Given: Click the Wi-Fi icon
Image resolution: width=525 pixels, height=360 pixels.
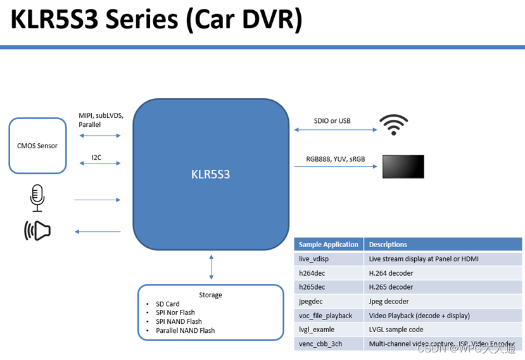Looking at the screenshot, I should pyautogui.click(x=393, y=124).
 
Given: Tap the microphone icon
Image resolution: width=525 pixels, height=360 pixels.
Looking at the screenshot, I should pyautogui.click(x=37, y=198).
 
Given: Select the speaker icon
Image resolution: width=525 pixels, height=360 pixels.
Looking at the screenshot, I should pyautogui.click(x=37, y=231).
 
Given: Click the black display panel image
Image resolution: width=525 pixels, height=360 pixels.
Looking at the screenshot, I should pyautogui.click(x=403, y=167).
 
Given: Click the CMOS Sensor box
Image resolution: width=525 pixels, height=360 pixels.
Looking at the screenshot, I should pyautogui.click(x=37, y=146).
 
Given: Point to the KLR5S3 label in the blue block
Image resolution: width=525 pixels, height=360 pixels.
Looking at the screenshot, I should pyautogui.click(x=210, y=174).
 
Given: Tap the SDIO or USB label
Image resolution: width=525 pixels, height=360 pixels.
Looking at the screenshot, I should pyautogui.click(x=332, y=121).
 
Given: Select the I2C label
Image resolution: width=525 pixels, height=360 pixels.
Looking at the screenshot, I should pyautogui.click(x=96, y=157).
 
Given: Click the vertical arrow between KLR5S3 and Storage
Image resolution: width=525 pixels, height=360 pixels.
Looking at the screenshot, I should pyautogui.click(x=212, y=267).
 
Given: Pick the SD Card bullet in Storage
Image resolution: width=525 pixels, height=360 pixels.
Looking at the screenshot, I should pyautogui.click(x=168, y=304).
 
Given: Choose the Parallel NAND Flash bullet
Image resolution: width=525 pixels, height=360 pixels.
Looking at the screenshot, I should pyautogui.click(x=185, y=330).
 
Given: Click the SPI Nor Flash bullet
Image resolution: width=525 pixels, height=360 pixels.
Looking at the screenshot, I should pyautogui.click(x=175, y=312).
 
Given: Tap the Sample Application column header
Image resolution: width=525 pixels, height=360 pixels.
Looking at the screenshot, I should pyautogui.click(x=329, y=245).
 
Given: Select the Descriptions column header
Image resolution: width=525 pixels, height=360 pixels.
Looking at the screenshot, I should pyautogui.click(x=388, y=245).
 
